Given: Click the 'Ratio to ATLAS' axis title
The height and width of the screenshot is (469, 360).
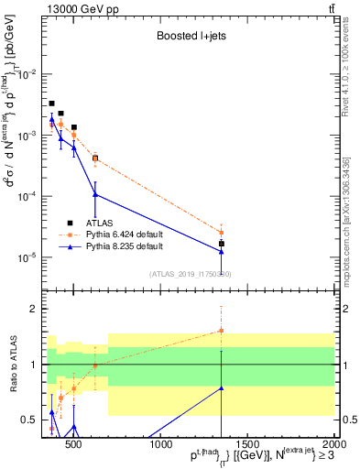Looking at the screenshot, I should coord(14,364).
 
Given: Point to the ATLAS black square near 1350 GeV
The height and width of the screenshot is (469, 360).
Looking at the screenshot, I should coord(222,244).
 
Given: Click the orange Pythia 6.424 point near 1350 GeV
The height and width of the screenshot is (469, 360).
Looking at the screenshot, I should coord(222,233).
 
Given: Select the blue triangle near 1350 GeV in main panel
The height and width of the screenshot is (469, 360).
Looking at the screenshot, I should coord(222,251).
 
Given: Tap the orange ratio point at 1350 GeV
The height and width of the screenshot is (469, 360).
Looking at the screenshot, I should coord(222,331).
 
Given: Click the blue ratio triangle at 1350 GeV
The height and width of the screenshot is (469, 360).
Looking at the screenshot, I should coord(222,388).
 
